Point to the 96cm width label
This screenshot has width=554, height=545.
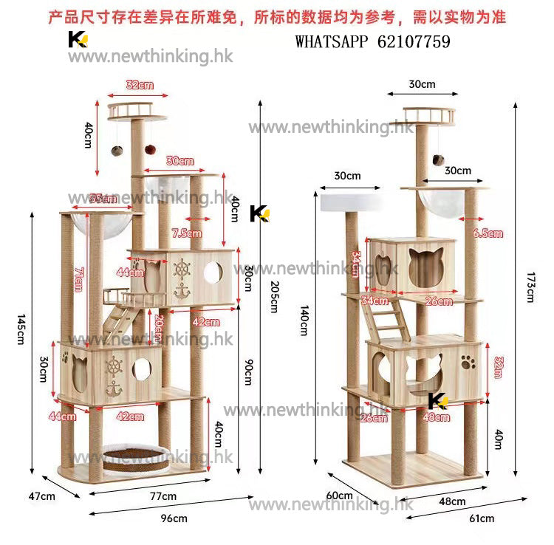[174, 518]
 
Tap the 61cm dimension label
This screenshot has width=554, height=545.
[482, 518]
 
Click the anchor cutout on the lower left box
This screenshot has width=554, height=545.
[113, 389]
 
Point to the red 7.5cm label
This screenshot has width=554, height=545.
[185, 233]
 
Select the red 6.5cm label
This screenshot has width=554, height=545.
[488, 233]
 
